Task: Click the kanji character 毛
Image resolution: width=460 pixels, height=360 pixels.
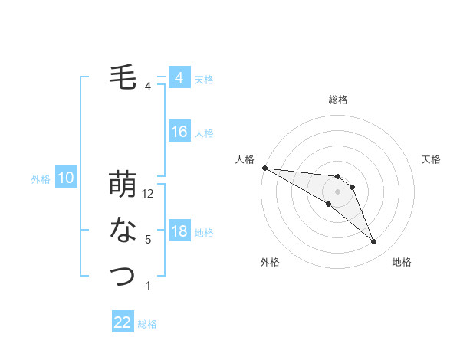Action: pos(123,78)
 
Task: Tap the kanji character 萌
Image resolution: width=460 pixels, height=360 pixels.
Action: pos(123,185)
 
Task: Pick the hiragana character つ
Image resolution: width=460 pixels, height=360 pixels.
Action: pos(123,275)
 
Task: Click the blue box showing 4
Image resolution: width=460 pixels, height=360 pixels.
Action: pos(179,78)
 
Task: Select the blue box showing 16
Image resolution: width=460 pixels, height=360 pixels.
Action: pos(179,132)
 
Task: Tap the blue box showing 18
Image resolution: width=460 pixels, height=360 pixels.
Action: pos(179,231)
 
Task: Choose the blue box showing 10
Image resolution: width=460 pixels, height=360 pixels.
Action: pos(66,178)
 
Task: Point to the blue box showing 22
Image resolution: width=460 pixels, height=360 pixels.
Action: pos(123,322)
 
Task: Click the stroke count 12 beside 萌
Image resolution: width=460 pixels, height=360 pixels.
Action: pos(149,195)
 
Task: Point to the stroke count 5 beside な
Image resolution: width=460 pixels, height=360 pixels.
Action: pos(148,240)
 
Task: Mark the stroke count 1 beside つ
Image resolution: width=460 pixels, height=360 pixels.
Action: pos(148,285)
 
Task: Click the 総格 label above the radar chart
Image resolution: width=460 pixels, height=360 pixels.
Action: pos(338,100)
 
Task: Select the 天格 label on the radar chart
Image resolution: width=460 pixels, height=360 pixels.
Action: pos(431,159)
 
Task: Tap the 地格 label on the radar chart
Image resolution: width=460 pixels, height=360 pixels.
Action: pos(402,262)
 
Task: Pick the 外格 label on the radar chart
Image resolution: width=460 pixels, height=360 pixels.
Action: pos(270,262)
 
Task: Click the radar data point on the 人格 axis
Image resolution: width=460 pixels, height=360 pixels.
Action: pos(264,168)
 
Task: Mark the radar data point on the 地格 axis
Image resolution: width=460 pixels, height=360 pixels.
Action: pos(373,242)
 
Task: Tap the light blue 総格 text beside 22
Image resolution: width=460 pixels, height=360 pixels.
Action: pos(147,324)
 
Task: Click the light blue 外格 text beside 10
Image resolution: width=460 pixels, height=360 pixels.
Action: pos(41,179)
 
